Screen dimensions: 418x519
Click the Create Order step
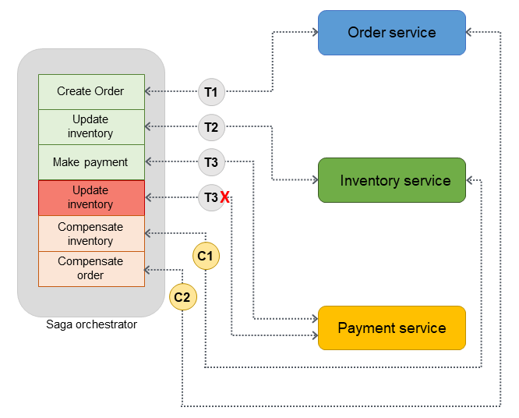(91, 92)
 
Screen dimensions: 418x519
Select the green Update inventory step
(91, 127)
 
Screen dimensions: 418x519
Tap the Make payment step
(91, 162)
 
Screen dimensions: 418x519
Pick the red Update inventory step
(91, 197)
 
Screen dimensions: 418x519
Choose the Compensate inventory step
(91, 233)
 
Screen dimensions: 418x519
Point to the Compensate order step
(91, 268)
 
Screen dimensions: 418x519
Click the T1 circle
(210, 92)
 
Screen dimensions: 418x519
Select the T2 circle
(210, 126)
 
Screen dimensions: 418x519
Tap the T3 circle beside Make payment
(210, 162)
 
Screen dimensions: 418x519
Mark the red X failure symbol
(224, 198)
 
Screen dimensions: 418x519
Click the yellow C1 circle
(206, 255)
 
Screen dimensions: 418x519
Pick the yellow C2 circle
(183, 296)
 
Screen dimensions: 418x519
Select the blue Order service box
(391, 33)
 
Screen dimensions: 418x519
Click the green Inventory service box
(391, 180)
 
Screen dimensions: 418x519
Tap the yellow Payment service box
(391, 328)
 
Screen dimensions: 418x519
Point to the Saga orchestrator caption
(91, 324)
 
